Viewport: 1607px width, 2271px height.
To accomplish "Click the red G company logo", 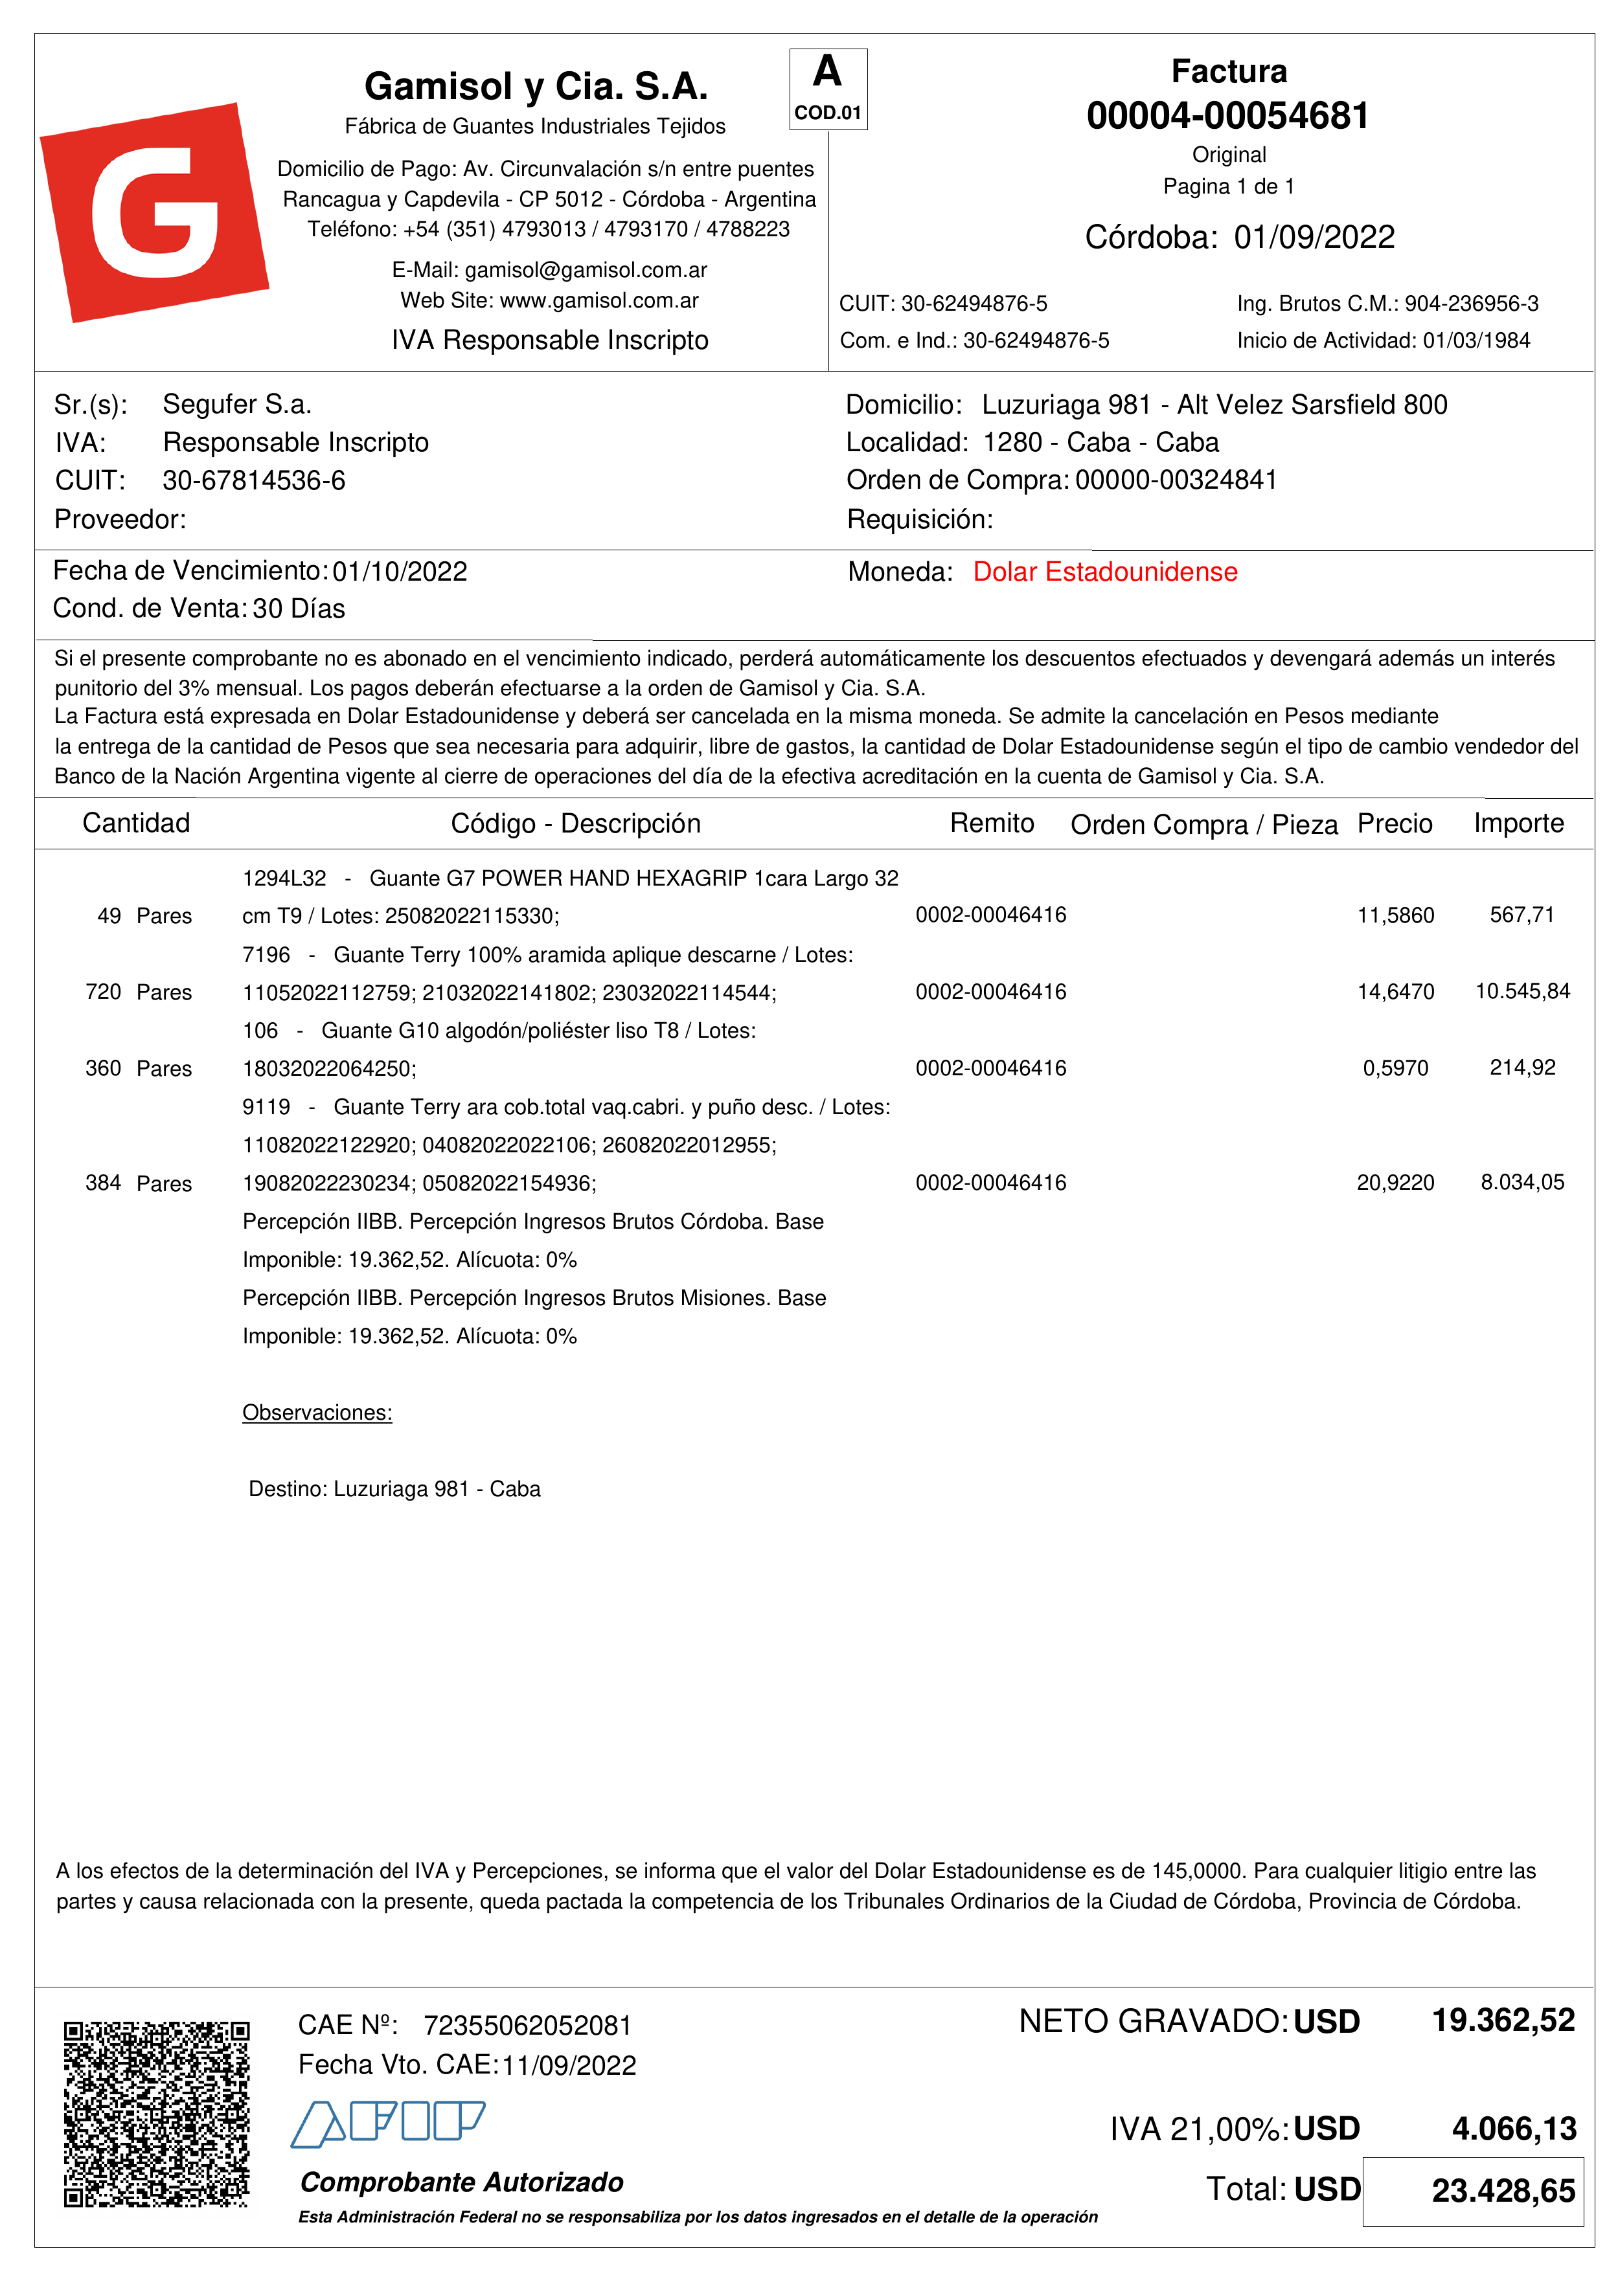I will tap(154, 212).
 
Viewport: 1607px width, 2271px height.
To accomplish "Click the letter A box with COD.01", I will tap(828, 89).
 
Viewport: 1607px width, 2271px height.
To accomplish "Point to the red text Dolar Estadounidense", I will tap(1104, 572).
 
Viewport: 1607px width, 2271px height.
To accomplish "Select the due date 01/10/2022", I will tap(399, 572).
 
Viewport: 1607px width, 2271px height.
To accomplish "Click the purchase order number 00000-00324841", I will tap(1176, 481).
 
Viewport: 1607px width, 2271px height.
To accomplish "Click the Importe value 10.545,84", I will tap(1522, 991).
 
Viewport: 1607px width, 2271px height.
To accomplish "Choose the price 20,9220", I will tap(1395, 1183).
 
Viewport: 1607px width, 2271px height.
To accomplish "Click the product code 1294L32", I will tap(284, 878).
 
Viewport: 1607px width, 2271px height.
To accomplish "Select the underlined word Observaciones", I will tap(317, 1413).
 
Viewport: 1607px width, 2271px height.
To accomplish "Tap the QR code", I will tap(156, 2114).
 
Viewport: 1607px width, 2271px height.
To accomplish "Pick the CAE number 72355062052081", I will tap(527, 2026).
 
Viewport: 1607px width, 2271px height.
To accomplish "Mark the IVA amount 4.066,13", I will tap(1513, 2129).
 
